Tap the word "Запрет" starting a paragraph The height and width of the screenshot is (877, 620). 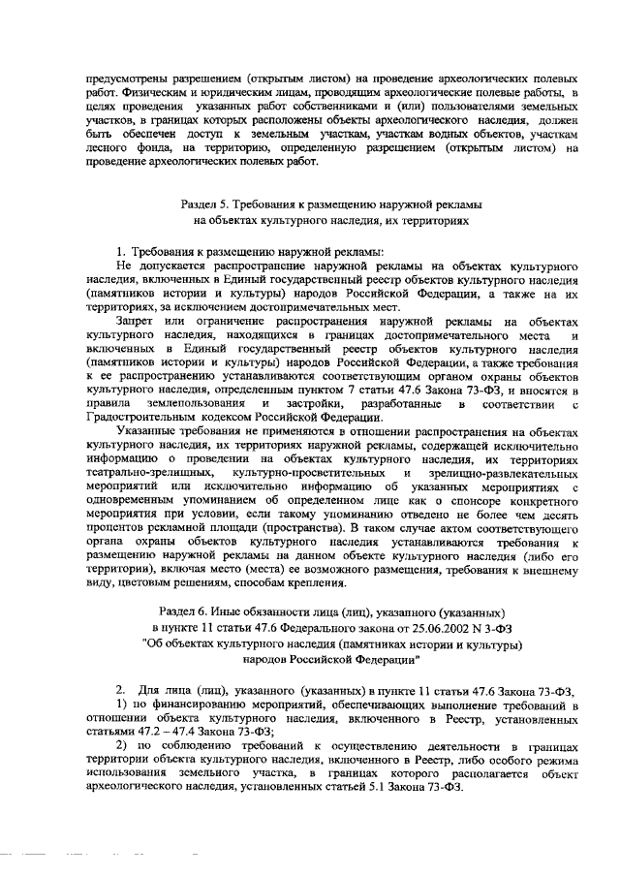[x=136, y=320]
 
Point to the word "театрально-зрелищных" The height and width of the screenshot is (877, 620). [x=150, y=474]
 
